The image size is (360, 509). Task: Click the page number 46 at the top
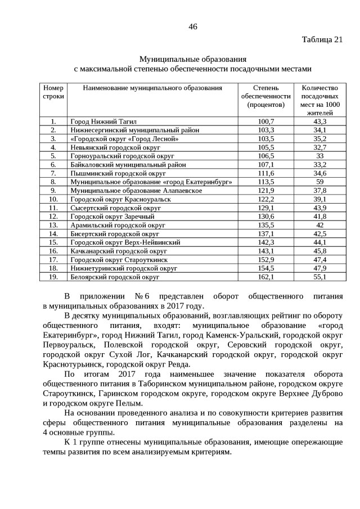pos(193,26)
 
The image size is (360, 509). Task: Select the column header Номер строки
pos(53,92)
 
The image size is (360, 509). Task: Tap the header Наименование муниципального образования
pos(152,88)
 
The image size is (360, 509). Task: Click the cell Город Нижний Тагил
pos(103,121)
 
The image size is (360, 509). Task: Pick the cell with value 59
pos(319,182)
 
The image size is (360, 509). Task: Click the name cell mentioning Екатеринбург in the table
pos(151,182)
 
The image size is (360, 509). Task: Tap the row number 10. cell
pos(53,199)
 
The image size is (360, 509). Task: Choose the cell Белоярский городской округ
pos(115,277)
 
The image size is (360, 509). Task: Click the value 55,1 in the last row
pos(319,277)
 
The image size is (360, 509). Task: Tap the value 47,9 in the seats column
pos(319,269)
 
